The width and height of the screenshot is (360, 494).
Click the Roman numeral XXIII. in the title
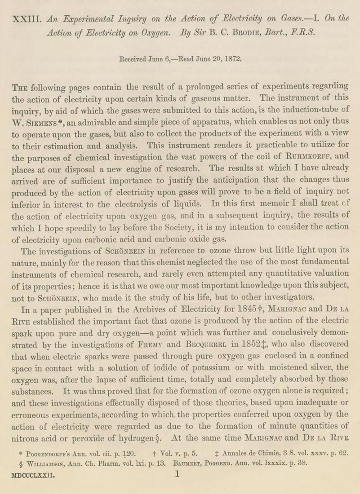(28, 19)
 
